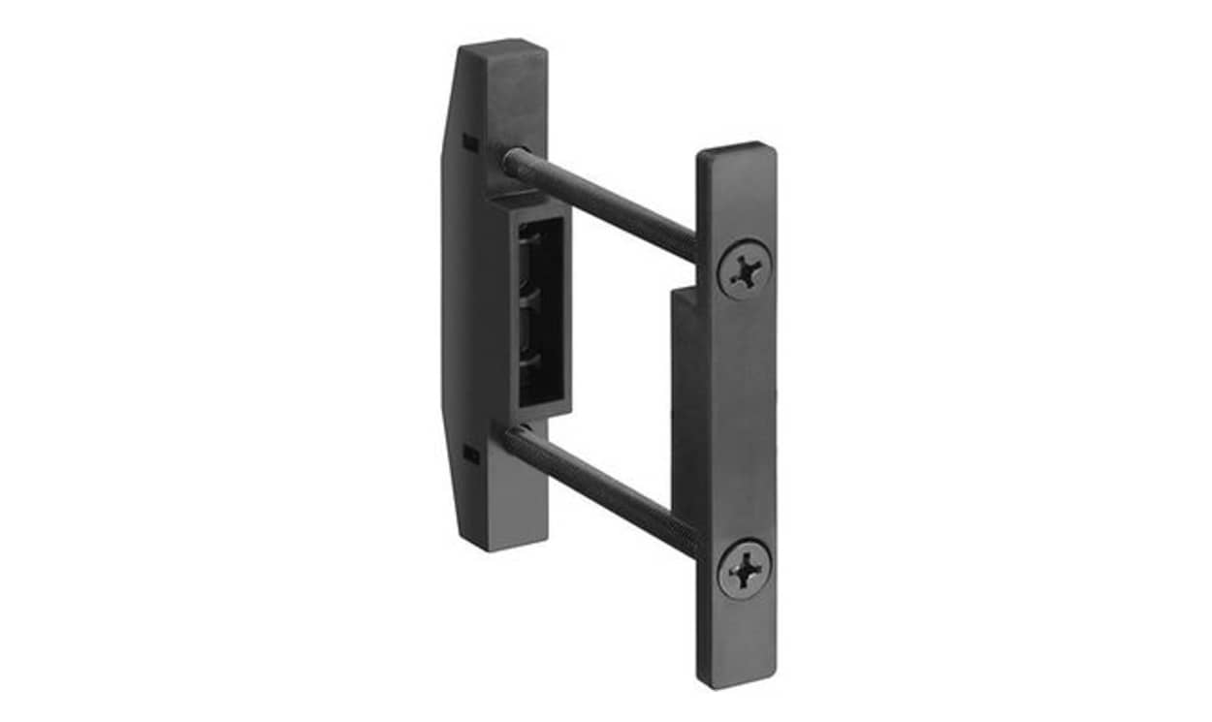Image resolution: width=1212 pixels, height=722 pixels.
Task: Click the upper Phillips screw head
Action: pyautogui.click(x=745, y=270)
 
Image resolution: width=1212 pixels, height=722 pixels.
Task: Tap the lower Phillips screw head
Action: pyautogui.click(x=745, y=570)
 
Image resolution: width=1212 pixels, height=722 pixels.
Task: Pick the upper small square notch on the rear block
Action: pyautogui.click(x=469, y=142)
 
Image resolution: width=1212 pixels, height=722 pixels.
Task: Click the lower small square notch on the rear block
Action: pyautogui.click(x=469, y=454)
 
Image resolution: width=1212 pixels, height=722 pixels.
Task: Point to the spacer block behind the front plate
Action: pyautogui.click(x=684, y=388)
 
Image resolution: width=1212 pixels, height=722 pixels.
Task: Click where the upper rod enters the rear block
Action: pyautogui.click(x=511, y=160)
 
